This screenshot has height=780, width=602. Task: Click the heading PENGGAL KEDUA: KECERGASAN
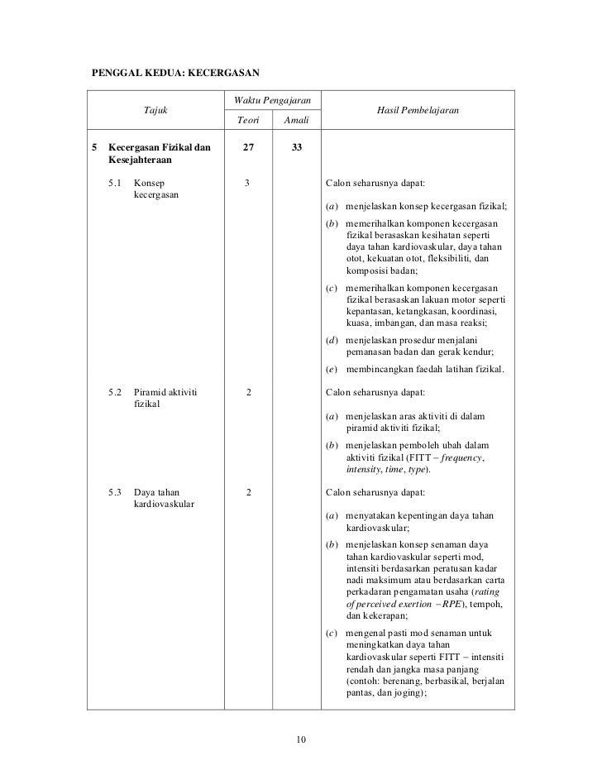click(x=175, y=72)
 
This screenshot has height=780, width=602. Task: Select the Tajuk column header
click(x=155, y=110)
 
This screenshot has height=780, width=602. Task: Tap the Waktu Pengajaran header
click(x=272, y=100)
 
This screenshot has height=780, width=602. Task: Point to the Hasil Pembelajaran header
click(x=418, y=110)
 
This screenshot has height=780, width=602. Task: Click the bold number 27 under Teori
click(x=248, y=148)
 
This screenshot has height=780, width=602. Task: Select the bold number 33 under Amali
click(x=296, y=148)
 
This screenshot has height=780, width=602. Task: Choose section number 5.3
click(x=116, y=492)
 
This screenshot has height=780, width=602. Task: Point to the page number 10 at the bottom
click(x=301, y=739)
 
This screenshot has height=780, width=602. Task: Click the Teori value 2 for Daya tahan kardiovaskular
click(x=248, y=492)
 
